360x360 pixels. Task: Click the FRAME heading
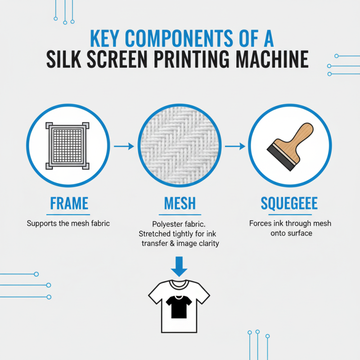69,203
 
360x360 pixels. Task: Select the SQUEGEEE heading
289,203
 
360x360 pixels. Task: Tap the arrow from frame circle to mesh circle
124,146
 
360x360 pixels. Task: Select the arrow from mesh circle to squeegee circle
234,146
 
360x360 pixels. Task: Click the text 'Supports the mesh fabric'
69,223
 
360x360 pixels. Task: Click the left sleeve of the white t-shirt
156,295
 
